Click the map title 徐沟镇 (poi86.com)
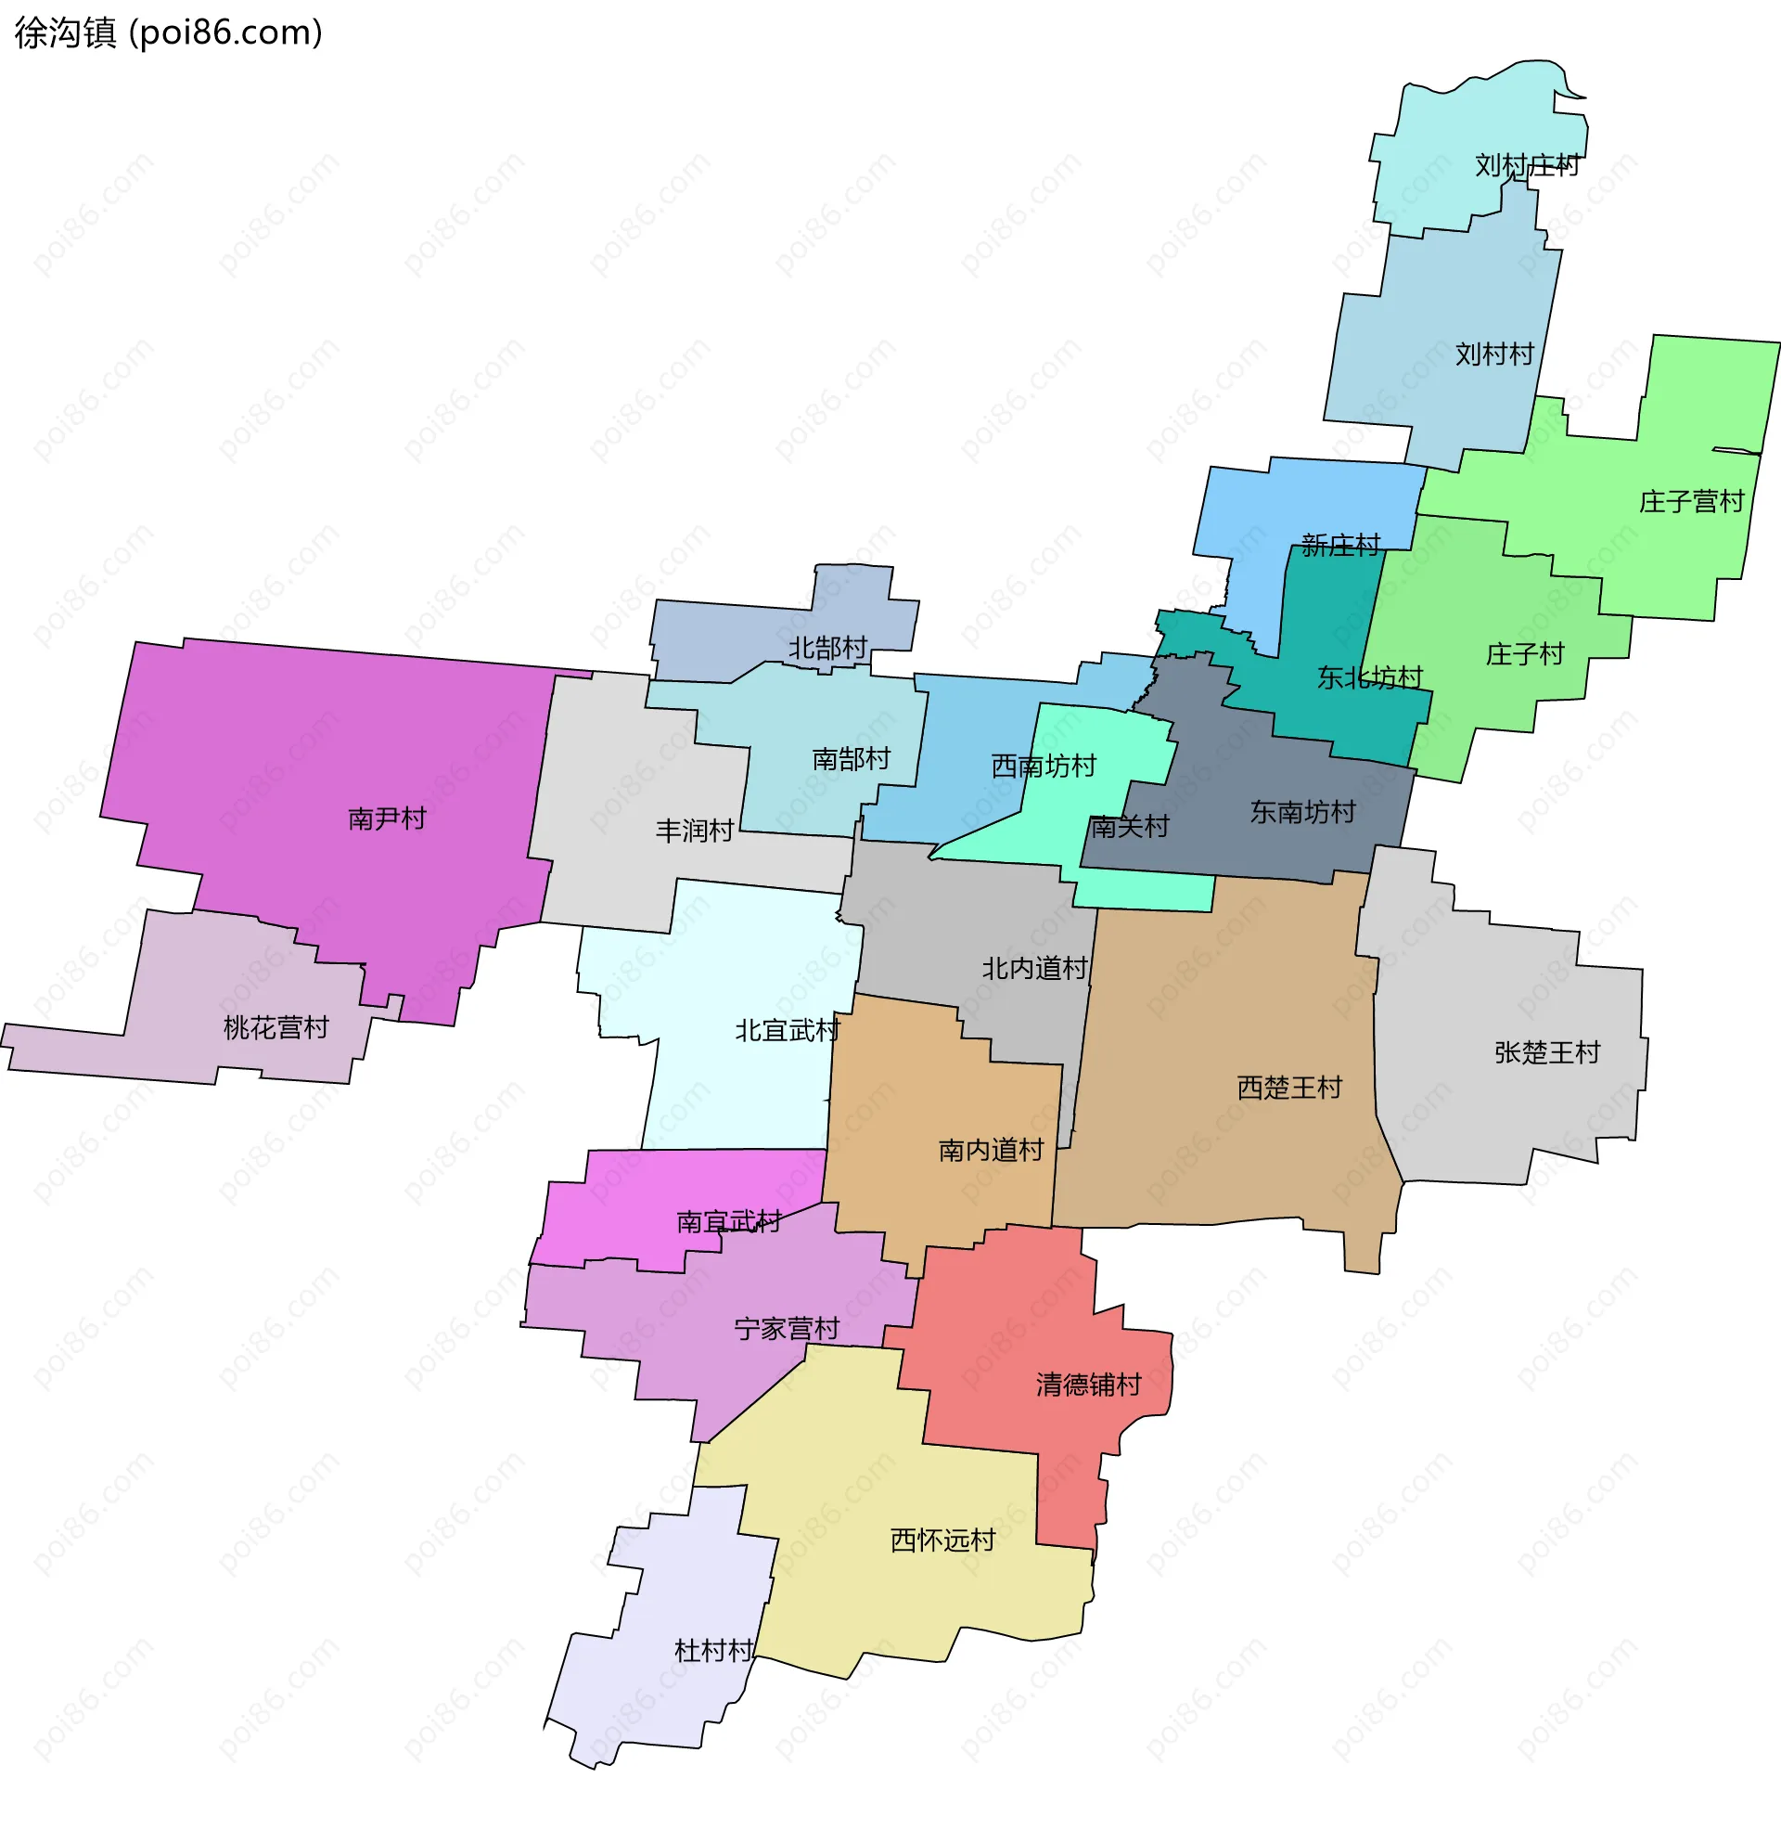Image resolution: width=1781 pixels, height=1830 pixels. [x=169, y=32]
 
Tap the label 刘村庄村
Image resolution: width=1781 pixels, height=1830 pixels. [x=1527, y=165]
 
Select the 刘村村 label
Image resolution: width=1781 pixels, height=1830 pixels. [x=1493, y=354]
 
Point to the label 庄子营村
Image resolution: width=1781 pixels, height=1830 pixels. [x=1691, y=502]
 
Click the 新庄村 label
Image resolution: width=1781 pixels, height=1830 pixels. [x=1340, y=546]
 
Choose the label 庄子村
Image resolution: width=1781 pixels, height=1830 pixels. [x=1525, y=654]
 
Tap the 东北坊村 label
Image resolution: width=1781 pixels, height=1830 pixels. [x=1369, y=677]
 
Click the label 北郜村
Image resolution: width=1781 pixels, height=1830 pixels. [x=827, y=648]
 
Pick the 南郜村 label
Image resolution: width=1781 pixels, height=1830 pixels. [x=852, y=759]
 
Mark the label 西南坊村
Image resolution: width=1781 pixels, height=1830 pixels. [x=1043, y=767]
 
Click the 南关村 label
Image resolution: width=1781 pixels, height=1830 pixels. [x=1129, y=827]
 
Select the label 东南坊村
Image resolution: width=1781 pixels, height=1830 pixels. [x=1302, y=812]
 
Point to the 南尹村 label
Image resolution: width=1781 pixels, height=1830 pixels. [x=386, y=818]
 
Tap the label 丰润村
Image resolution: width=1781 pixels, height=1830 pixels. [x=694, y=831]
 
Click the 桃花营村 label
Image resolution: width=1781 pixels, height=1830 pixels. [x=275, y=1028]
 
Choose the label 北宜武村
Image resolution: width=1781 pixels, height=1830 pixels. [x=787, y=1031]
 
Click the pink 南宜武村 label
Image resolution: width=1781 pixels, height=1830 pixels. [x=729, y=1222]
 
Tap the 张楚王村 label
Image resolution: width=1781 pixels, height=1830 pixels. [x=1547, y=1052]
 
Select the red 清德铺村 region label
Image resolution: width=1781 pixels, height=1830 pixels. [x=1089, y=1385]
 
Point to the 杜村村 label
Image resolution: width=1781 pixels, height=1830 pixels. [x=713, y=1651]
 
